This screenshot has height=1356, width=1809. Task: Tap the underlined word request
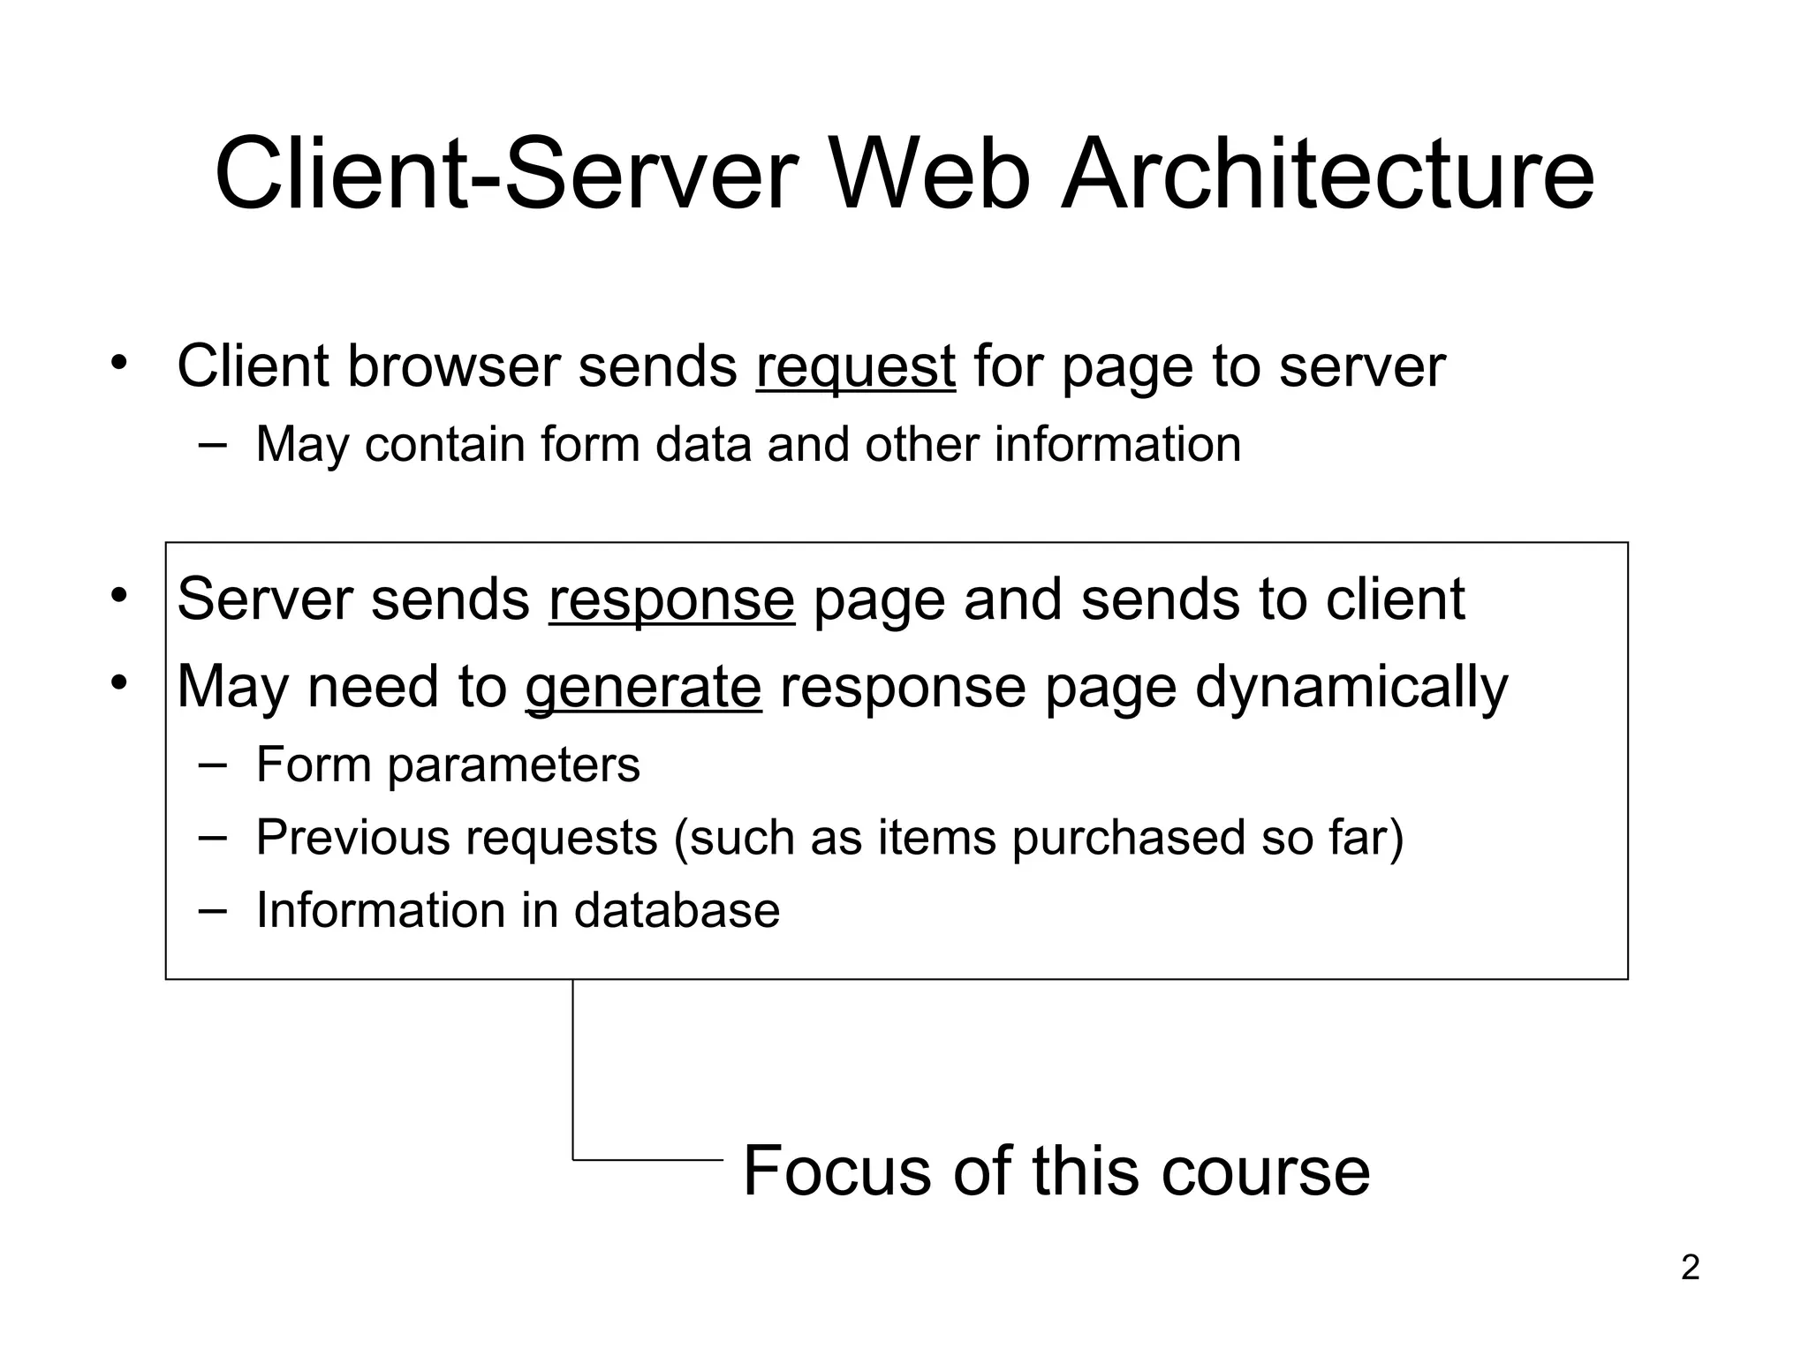point(855,367)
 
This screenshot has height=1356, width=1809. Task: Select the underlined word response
point(671,600)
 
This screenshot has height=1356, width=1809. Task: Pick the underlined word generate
point(643,688)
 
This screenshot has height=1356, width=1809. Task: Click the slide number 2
point(1690,1268)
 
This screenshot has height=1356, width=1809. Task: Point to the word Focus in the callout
point(836,1171)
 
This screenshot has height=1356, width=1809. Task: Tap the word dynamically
point(1351,688)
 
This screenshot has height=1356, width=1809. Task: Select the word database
point(677,910)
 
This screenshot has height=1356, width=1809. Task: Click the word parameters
point(513,765)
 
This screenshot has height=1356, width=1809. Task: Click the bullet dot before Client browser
point(119,363)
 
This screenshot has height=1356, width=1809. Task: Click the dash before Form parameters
point(212,764)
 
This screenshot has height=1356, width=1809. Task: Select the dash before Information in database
point(212,909)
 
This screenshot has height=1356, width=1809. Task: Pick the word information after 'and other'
point(1117,444)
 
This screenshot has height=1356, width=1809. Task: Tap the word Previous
point(351,837)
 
